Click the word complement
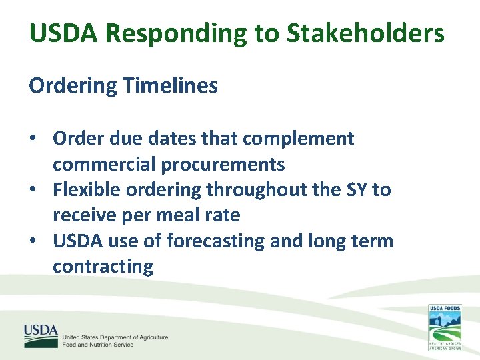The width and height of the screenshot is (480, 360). pos(298,139)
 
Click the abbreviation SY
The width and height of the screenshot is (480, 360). pos(357,191)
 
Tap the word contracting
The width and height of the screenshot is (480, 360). pos(103,267)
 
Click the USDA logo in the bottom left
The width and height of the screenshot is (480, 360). pos(41,335)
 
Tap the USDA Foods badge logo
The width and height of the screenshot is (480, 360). pos(444,327)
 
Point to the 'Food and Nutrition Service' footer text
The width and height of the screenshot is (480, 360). pos(98,345)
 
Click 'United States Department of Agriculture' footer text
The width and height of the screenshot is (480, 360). pos(115,337)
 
